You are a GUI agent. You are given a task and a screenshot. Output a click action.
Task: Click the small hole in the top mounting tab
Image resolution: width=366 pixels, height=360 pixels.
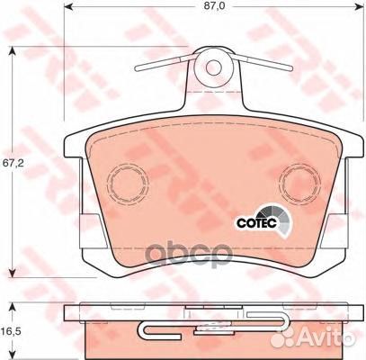click(213, 67)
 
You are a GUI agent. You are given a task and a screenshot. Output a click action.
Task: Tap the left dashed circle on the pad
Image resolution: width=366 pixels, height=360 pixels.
click(128, 184)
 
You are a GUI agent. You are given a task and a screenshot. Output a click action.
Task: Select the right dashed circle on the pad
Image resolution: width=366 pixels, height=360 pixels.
click(299, 184)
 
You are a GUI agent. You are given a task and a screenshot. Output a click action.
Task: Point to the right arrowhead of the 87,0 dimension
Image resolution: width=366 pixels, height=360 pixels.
click(359, 6)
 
